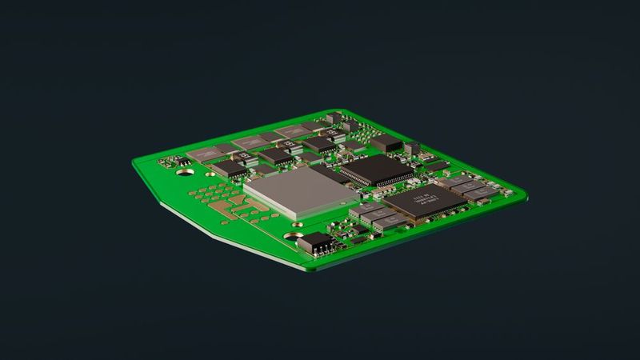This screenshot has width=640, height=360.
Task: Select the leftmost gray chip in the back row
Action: (203, 154)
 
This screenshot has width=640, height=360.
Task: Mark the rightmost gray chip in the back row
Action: (291, 131)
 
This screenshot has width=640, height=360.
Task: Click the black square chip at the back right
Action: (387, 142)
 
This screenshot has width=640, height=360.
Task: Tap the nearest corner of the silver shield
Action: (294, 218)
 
